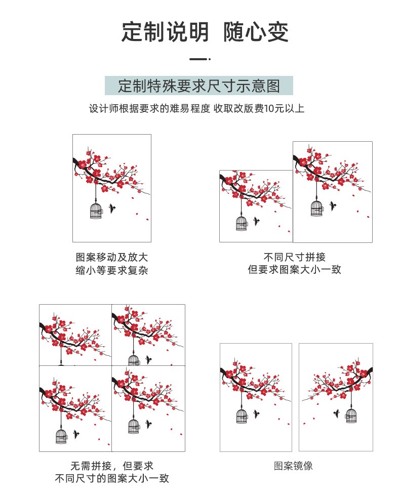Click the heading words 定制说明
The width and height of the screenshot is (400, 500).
(165, 32)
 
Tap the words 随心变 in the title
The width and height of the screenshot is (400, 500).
(256, 32)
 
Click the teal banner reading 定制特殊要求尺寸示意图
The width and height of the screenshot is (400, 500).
(198, 86)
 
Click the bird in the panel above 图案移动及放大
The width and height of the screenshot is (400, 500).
(112, 208)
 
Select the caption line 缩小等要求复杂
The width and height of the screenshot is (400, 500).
(111, 270)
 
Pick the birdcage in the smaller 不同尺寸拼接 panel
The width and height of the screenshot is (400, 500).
(242, 223)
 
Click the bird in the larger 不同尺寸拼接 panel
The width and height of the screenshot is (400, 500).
(333, 205)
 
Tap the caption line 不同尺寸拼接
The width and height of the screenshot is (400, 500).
(294, 257)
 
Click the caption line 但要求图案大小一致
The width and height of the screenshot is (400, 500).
(294, 269)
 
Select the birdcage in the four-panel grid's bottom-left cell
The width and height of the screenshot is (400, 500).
(62, 436)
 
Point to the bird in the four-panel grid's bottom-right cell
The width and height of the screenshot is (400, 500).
(148, 424)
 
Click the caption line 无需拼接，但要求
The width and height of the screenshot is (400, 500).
(112, 466)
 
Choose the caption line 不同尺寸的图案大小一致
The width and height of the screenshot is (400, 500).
(112, 478)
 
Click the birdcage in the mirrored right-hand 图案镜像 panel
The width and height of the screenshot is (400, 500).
(351, 415)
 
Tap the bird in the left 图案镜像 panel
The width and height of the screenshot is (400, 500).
(256, 414)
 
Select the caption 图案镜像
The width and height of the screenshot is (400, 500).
(293, 466)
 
